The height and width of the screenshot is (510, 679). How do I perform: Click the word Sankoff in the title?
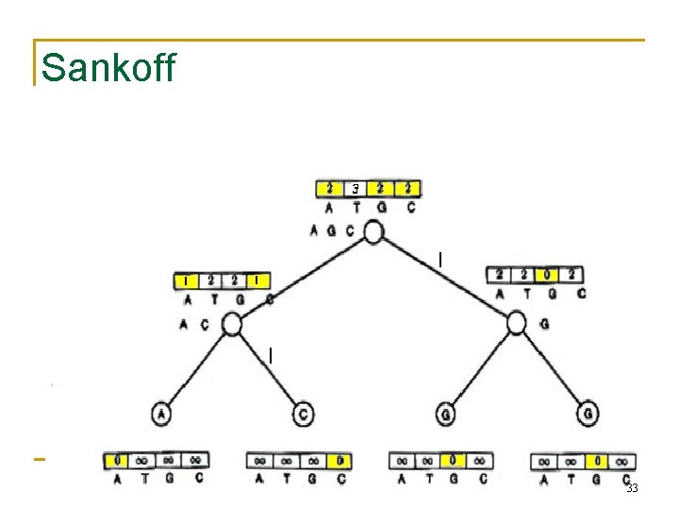click(108, 68)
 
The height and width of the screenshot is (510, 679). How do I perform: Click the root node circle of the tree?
click(373, 231)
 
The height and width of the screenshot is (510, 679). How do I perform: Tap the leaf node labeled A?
click(162, 415)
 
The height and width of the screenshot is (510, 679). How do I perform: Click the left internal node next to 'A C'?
click(231, 325)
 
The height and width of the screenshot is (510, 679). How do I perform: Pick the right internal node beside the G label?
click(516, 324)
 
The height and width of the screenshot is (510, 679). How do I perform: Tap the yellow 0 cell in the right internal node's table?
click(546, 275)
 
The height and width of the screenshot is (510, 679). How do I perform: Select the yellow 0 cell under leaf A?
click(117, 461)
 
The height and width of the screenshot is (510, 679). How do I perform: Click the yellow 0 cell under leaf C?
click(339, 461)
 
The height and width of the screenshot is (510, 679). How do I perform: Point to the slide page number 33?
click(632, 488)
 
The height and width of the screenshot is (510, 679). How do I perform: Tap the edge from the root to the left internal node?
click(302, 279)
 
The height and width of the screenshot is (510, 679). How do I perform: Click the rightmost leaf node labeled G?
click(587, 415)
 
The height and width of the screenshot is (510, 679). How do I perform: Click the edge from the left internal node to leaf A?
click(197, 369)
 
